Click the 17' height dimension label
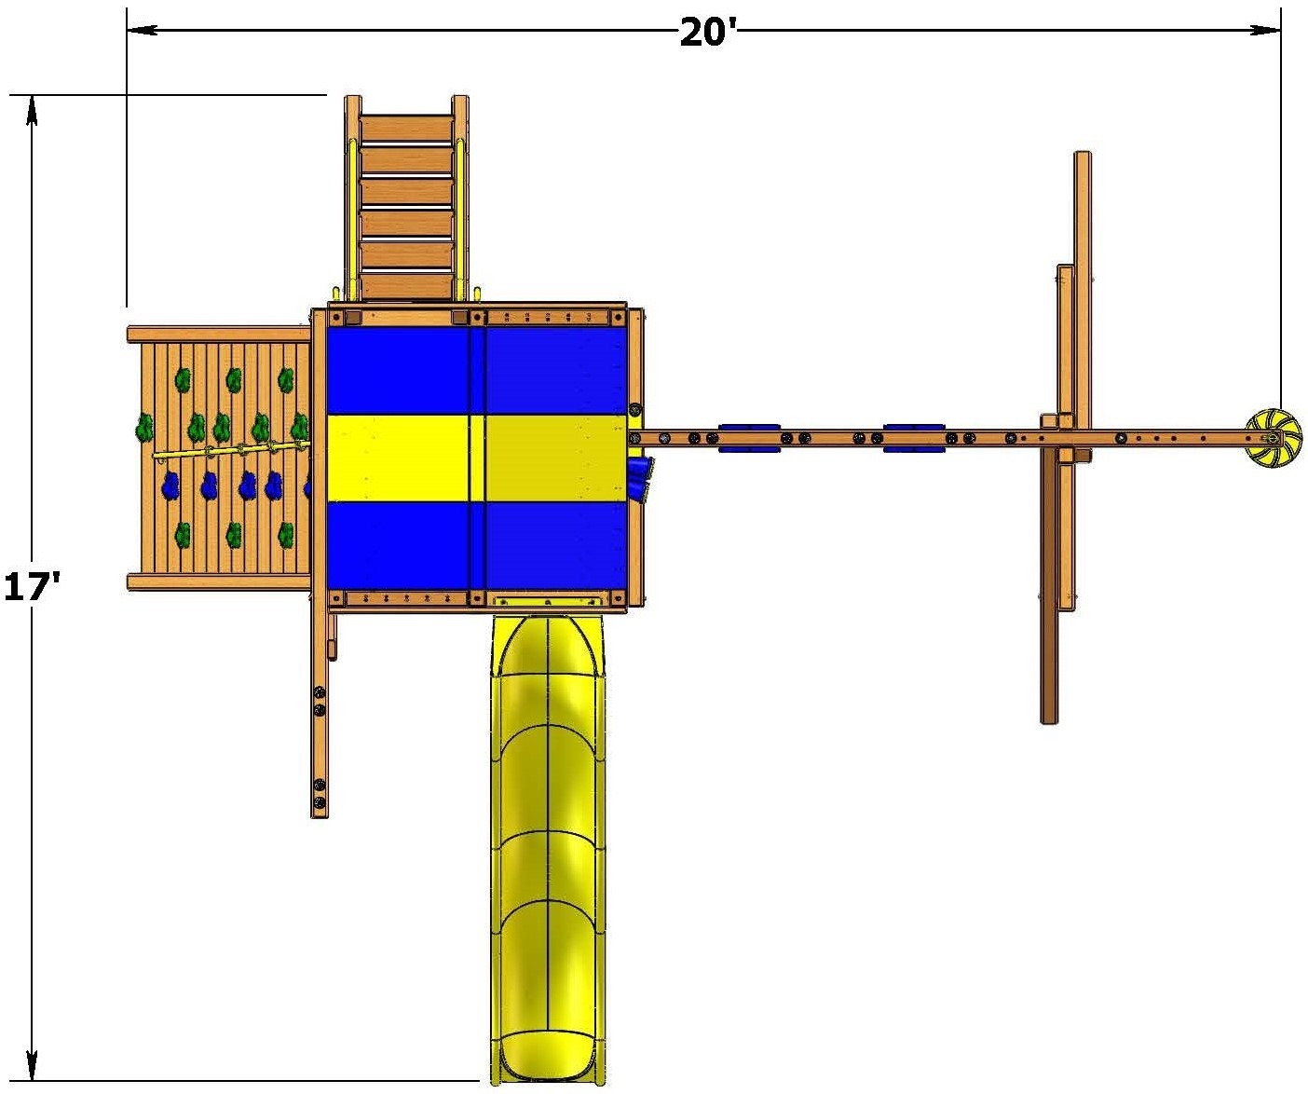(32, 587)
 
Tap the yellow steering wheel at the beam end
(1273, 438)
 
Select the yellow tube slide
(548, 851)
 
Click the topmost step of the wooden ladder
(406, 130)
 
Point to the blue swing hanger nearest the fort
(749, 437)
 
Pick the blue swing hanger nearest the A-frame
(914, 437)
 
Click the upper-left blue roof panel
(398, 370)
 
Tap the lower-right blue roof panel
(556, 544)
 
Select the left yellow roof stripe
(398, 458)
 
